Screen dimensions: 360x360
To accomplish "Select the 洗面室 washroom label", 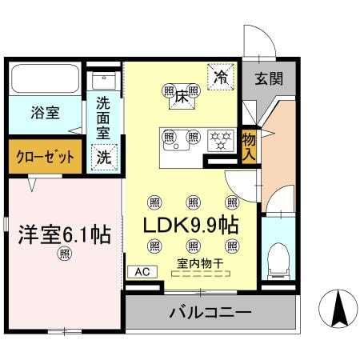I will pyautogui.click(x=104, y=118).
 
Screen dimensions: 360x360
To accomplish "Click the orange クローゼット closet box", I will pyautogui.click(x=45, y=157).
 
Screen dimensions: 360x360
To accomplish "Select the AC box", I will pyautogui.click(x=142, y=271).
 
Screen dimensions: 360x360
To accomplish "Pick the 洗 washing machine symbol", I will pyautogui.click(x=103, y=157).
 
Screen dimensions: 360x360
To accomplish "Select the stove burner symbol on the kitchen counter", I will pyautogui.click(x=218, y=139).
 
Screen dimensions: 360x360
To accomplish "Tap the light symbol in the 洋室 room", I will pyautogui.click(x=63, y=254).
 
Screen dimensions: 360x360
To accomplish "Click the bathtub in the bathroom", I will pyautogui.click(x=45, y=79).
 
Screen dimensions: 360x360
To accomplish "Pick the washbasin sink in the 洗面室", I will pyautogui.click(x=104, y=80).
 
